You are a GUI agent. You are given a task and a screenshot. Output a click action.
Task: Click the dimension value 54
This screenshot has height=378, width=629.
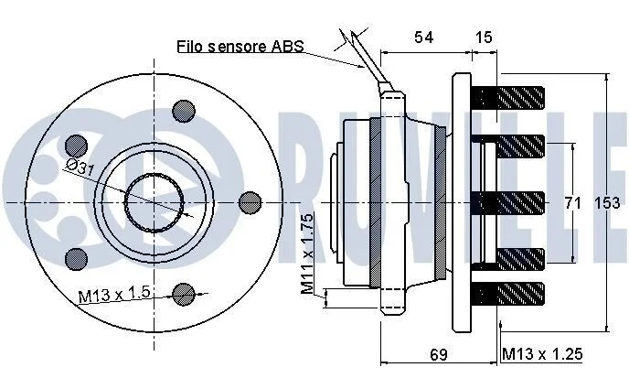point(424,38)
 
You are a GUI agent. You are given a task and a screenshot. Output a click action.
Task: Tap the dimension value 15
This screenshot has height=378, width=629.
point(484,38)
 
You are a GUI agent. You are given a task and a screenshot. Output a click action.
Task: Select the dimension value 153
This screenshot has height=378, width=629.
point(607,203)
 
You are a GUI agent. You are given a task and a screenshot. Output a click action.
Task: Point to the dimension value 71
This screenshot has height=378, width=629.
point(573,203)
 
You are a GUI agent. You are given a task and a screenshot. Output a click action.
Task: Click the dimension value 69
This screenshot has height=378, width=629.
point(439,355)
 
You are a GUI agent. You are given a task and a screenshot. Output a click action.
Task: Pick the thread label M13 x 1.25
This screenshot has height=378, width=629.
point(542,354)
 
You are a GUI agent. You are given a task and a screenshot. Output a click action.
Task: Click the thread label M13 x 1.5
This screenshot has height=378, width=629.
point(114,294)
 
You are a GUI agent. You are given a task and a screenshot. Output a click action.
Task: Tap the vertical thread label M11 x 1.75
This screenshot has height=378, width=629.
point(307,254)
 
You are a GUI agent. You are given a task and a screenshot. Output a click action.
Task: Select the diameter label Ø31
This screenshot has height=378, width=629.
point(80,167)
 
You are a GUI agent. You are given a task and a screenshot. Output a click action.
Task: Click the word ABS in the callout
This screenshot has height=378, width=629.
point(288,46)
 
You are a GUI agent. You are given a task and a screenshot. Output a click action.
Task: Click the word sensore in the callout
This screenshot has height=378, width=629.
point(238,47)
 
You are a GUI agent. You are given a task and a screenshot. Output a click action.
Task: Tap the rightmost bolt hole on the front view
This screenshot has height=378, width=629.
point(250,203)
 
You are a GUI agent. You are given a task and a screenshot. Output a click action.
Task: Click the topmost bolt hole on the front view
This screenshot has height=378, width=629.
point(184,112)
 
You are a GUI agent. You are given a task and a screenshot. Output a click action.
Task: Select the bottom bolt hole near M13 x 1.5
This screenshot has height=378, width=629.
point(184,294)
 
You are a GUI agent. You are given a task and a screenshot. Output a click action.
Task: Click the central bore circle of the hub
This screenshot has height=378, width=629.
point(155,203)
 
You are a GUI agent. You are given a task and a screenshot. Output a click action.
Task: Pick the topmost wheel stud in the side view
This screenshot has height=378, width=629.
point(507,98)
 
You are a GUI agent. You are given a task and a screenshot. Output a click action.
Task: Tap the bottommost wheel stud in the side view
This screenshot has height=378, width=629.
point(507,294)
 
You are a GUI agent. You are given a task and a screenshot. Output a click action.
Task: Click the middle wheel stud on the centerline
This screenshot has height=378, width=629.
point(507,203)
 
